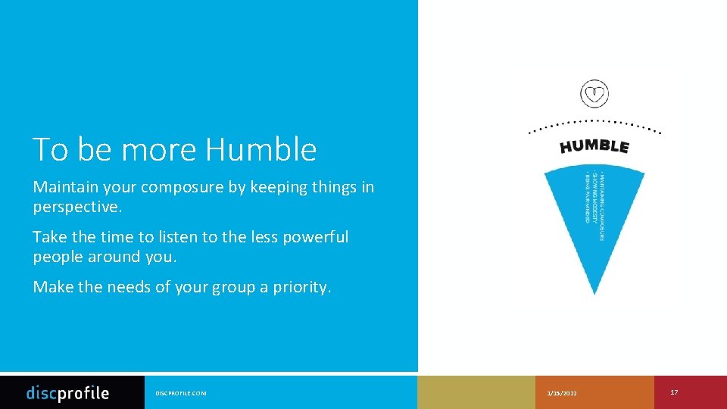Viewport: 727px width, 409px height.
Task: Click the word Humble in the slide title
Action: pyautogui.click(x=261, y=150)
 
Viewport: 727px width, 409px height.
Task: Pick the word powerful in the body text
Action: pyautogui.click(x=316, y=237)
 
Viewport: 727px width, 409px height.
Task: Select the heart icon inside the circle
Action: pyautogui.click(x=594, y=95)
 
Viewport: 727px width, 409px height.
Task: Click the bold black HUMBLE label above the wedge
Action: pyautogui.click(x=594, y=146)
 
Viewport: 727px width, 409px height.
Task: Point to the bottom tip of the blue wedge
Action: pyautogui.click(x=595, y=292)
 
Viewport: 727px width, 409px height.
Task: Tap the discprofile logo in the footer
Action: pyautogui.click(x=68, y=393)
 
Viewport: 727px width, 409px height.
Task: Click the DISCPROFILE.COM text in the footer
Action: pyautogui.click(x=180, y=393)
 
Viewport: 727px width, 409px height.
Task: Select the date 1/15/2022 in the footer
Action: pyautogui.click(x=562, y=393)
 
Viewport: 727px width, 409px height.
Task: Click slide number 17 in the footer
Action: pyautogui.click(x=674, y=392)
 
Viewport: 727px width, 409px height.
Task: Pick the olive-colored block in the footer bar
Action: pyautogui.click(x=476, y=392)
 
